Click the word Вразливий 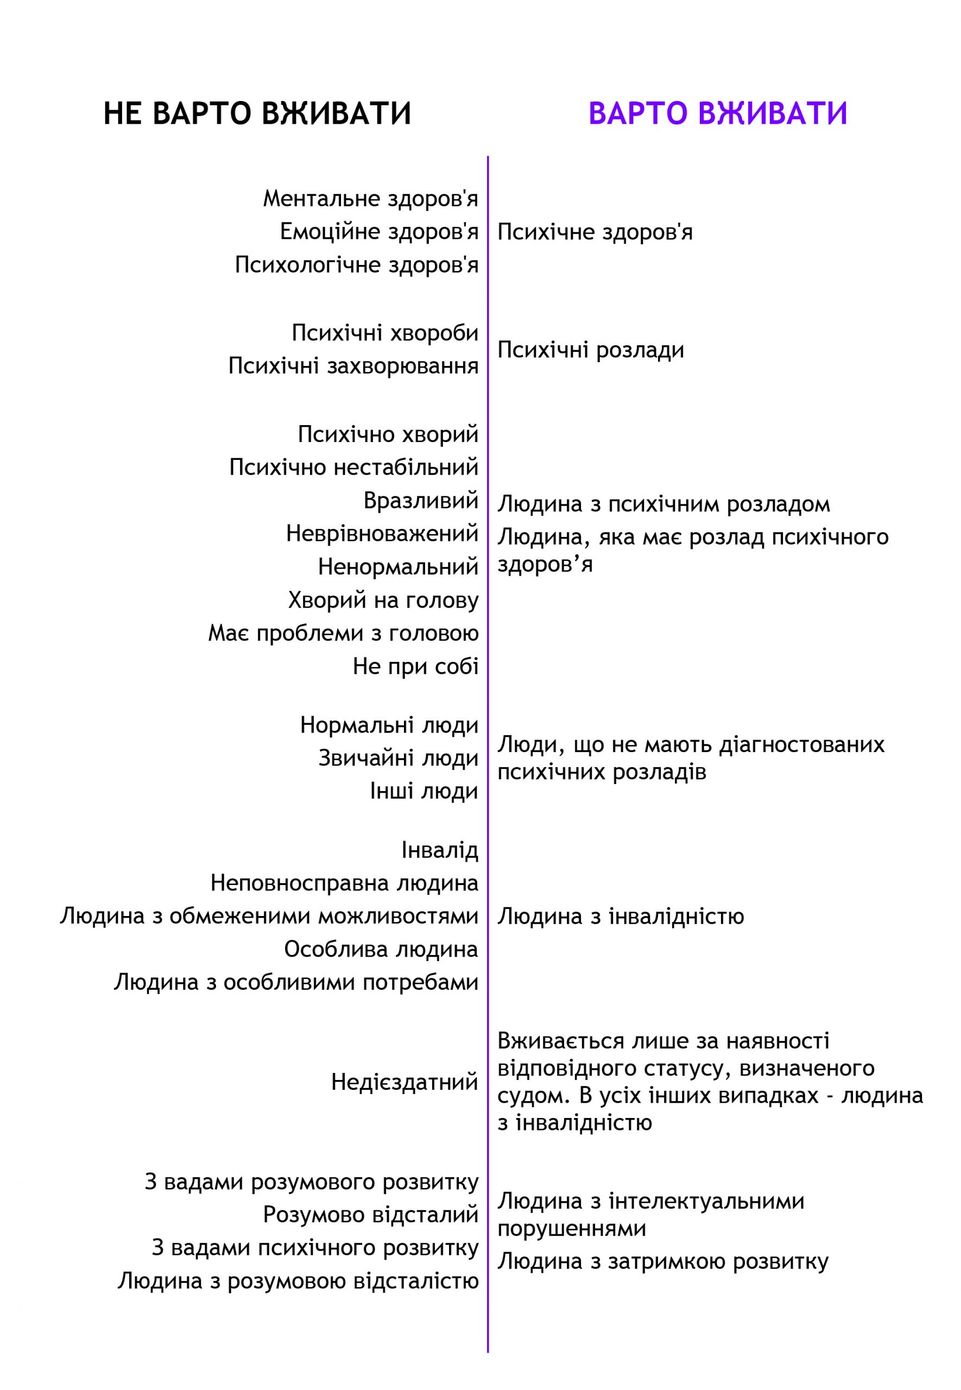pyautogui.click(x=421, y=500)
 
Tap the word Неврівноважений pyautogui.click(x=382, y=533)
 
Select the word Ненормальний pyautogui.click(x=398, y=566)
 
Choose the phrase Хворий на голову pyautogui.click(x=383, y=600)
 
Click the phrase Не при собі pyautogui.click(x=416, y=666)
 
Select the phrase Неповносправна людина pyautogui.click(x=344, y=883)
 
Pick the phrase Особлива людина pyautogui.click(x=381, y=949)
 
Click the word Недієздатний pyautogui.click(x=404, y=1082)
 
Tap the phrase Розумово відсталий pyautogui.click(x=371, y=1215)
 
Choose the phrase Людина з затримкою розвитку pyautogui.click(x=663, y=1261)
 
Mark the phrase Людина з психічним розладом pyautogui.click(x=663, y=504)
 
